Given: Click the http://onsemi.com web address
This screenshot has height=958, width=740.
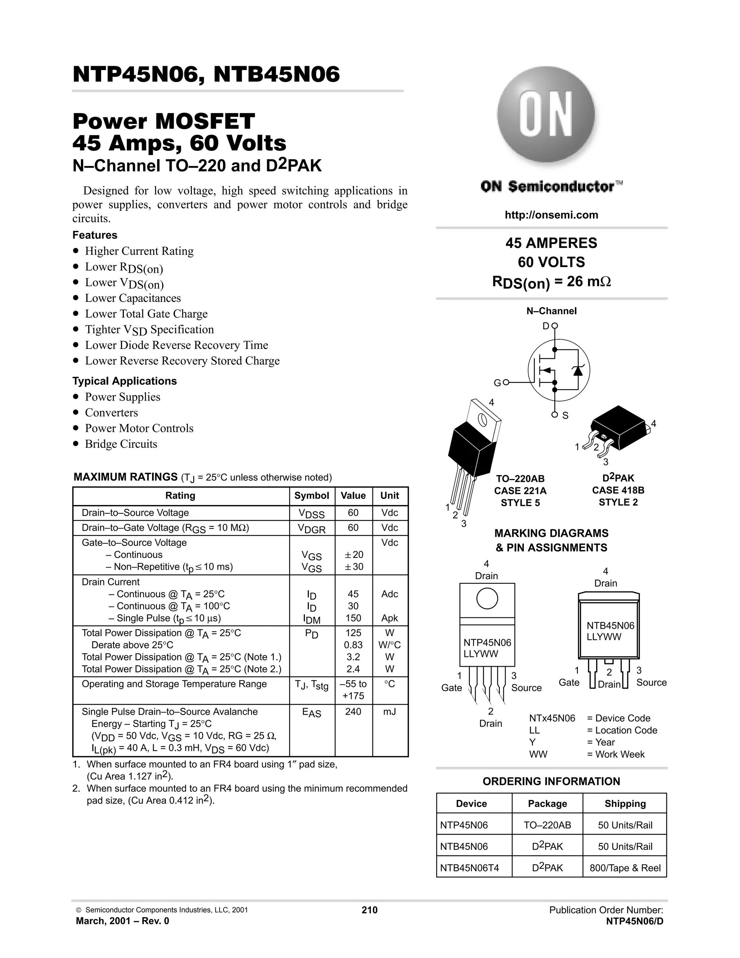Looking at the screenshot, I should point(551,215).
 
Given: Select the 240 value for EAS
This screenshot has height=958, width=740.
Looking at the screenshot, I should point(353,711).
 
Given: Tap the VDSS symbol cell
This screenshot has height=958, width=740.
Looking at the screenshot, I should point(312,514).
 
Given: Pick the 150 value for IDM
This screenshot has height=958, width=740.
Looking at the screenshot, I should point(353,618).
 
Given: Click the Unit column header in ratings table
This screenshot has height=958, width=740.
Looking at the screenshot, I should point(389,496).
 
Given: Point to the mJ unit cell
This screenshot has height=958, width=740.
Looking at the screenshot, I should point(389,711).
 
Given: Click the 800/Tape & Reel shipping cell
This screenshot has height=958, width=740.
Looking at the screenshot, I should point(625,868).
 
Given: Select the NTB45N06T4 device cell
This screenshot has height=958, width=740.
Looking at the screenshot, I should point(469,868).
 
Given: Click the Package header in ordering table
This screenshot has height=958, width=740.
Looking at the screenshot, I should point(547,804).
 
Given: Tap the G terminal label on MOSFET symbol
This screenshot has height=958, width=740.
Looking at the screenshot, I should point(497,383).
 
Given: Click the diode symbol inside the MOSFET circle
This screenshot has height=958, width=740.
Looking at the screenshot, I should point(578,371).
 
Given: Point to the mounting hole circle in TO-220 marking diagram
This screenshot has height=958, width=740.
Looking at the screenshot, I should point(487,598).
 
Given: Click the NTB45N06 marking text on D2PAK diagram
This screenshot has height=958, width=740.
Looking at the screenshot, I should point(610,626).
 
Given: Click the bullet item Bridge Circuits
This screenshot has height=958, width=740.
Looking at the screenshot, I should point(121,444).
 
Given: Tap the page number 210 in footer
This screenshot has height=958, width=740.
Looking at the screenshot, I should point(370,910).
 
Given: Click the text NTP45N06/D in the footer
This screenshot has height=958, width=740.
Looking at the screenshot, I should point(634,921).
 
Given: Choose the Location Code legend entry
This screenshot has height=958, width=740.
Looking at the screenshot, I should point(621,730).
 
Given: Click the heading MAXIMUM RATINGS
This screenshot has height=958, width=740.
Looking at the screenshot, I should point(125,477).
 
